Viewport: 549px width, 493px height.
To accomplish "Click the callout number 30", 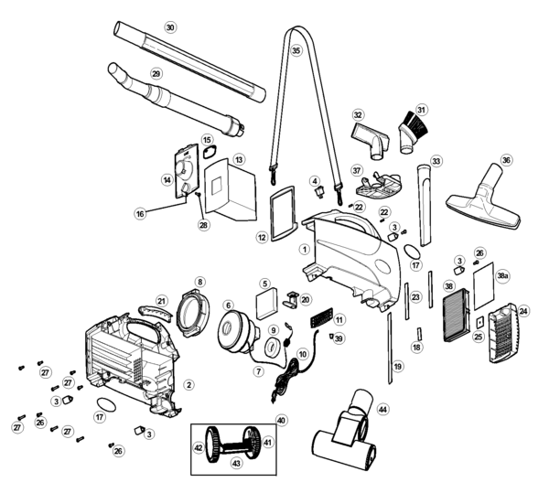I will (169, 27).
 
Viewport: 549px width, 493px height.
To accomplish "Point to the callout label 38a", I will (502, 275).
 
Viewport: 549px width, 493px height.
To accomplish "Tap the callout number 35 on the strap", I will (296, 51).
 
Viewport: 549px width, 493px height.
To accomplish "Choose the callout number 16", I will (140, 213).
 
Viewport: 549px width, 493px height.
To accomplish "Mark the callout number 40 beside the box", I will (281, 420).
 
